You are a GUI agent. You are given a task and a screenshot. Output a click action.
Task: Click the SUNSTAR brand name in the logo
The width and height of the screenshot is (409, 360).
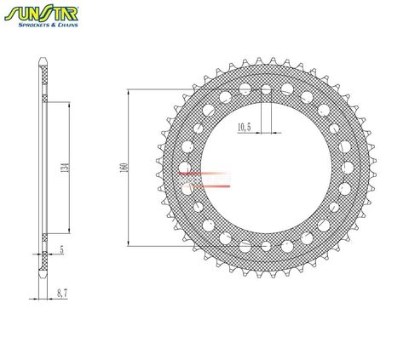point(52,14)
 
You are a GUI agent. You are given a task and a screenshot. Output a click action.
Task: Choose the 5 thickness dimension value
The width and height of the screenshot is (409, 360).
point(61,252)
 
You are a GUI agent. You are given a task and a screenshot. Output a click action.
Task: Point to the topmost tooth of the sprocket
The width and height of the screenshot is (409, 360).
point(273,60)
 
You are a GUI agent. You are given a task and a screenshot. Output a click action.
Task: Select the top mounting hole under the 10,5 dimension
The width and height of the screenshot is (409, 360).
point(266,89)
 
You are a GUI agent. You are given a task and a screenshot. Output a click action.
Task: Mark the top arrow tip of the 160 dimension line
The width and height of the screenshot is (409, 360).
point(127,89)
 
